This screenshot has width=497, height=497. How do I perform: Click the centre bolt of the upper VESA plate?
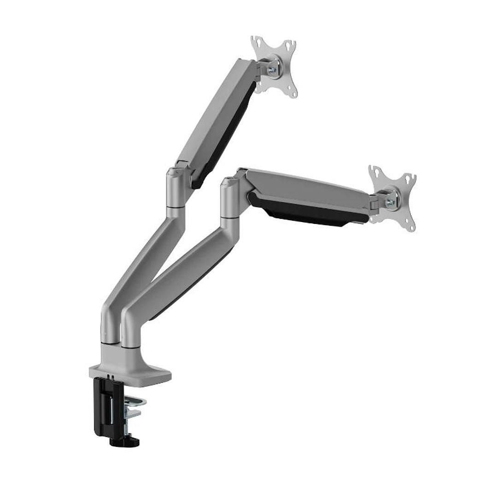[x=273, y=69]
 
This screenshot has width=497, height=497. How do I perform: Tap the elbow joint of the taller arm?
[x=176, y=189]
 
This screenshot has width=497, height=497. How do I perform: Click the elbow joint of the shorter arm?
[x=230, y=198]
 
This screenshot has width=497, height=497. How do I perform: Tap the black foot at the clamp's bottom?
[x=124, y=442]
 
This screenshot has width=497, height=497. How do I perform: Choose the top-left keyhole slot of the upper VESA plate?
[x=257, y=42]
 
